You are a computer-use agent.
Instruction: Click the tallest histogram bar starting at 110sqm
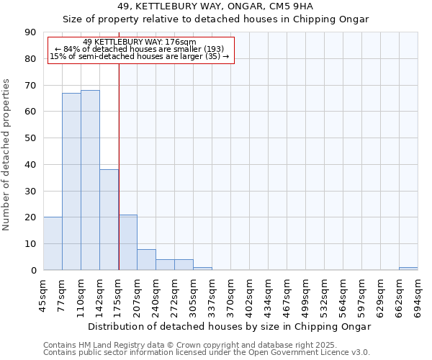click(90, 180)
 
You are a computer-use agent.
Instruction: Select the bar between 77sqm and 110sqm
click(71, 181)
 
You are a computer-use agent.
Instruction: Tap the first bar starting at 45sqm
click(53, 243)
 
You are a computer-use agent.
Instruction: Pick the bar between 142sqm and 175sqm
click(109, 220)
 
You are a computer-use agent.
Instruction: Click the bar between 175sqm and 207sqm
click(127, 242)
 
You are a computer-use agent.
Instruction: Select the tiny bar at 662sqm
click(408, 269)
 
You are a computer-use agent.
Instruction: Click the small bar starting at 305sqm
click(202, 269)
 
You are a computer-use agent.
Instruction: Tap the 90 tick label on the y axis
click(30, 32)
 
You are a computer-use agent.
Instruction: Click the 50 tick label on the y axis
click(30, 138)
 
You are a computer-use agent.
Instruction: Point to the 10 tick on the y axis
click(30, 244)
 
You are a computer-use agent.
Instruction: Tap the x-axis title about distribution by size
click(230, 326)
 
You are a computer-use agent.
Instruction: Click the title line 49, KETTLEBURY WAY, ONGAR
click(215, 6)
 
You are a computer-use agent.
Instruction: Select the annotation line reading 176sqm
click(139, 42)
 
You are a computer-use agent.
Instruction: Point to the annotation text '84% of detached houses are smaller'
click(140, 49)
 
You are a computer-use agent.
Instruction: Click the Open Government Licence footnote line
click(207, 353)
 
